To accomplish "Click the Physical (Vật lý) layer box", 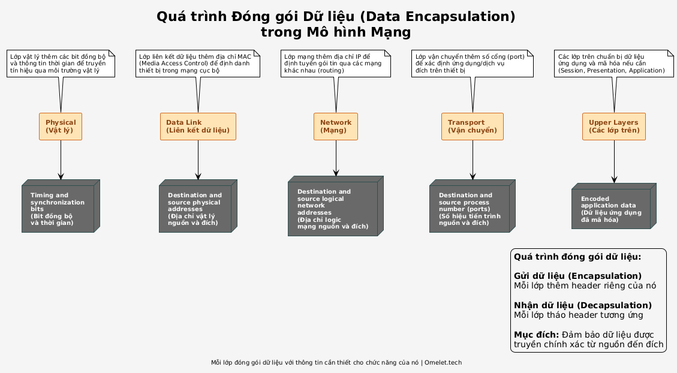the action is (61, 127).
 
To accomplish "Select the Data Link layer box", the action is (198, 127).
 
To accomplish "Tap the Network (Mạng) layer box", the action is (336, 127).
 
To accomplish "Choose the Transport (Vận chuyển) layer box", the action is (473, 127).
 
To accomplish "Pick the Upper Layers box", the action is (614, 127).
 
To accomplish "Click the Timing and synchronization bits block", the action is (61, 206).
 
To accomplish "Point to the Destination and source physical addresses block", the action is (198, 206).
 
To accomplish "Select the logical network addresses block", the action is (336, 206).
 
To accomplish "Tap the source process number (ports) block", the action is (473, 206).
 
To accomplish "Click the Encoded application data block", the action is (614, 206).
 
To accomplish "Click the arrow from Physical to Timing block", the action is (61, 160).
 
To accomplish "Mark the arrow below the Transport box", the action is (473, 160).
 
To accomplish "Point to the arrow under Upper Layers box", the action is (615, 161).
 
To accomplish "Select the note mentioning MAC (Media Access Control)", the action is (198, 64).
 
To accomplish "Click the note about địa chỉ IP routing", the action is (335, 64).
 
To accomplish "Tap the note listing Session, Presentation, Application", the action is (613, 64).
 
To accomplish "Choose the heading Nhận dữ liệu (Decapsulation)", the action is (582, 305).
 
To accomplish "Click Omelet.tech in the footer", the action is (443, 363).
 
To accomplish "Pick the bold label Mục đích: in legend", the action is (536, 335).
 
